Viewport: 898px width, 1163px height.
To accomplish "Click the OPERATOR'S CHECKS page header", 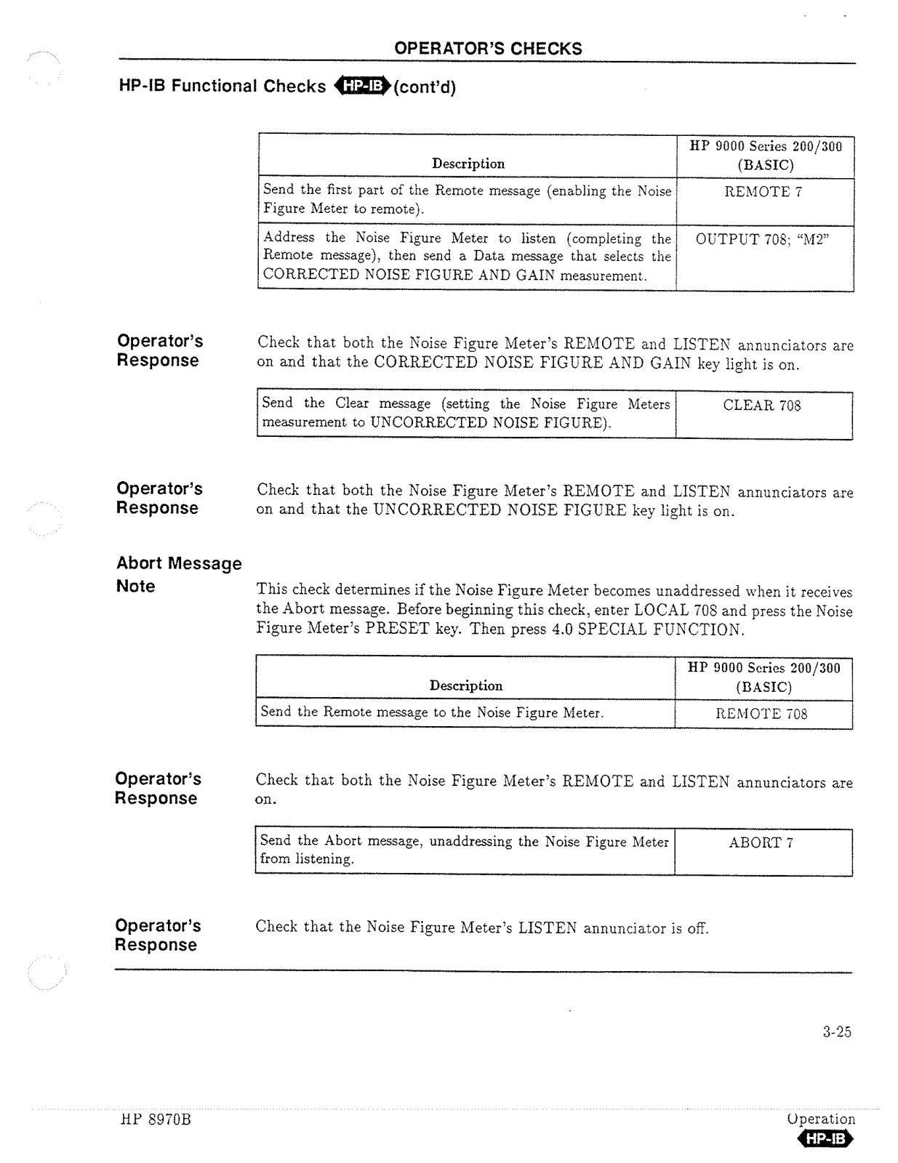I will [487, 49].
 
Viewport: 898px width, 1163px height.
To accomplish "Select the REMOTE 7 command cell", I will [763, 192].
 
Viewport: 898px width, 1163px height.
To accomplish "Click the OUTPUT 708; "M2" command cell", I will [763, 239].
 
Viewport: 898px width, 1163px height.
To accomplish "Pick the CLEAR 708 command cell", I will [761, 406].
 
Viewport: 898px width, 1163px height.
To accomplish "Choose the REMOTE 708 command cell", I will [761, 714].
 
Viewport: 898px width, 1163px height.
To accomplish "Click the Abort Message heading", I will [179, 563].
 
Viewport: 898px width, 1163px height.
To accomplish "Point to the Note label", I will [136, 587].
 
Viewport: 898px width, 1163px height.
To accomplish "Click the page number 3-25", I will [837, 1031].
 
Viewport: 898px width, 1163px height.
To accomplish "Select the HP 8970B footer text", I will [156, 1120].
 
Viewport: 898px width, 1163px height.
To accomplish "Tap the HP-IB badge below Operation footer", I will [825, 1139].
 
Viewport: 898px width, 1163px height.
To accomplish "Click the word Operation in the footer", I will [821, 1119].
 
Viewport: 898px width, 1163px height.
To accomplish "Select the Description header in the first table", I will [468, 164].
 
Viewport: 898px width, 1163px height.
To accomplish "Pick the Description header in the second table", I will [466, 686].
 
